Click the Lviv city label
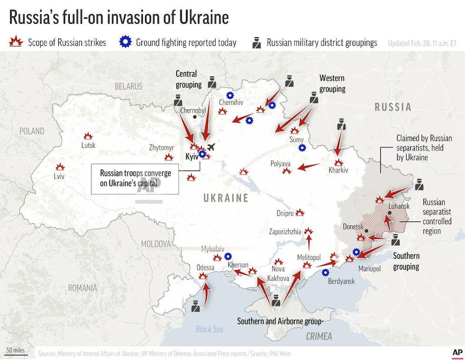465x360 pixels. point(59,177)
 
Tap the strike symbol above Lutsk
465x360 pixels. point(87,136)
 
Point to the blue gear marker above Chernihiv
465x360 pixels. point(230,95)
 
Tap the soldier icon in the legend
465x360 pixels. point(256,43)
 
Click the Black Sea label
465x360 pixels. point(209,329)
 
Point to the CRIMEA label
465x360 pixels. point(319,336)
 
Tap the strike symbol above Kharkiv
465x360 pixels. point(339,162)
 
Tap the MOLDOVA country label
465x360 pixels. point(156,243)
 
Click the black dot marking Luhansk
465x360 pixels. point(390,212)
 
